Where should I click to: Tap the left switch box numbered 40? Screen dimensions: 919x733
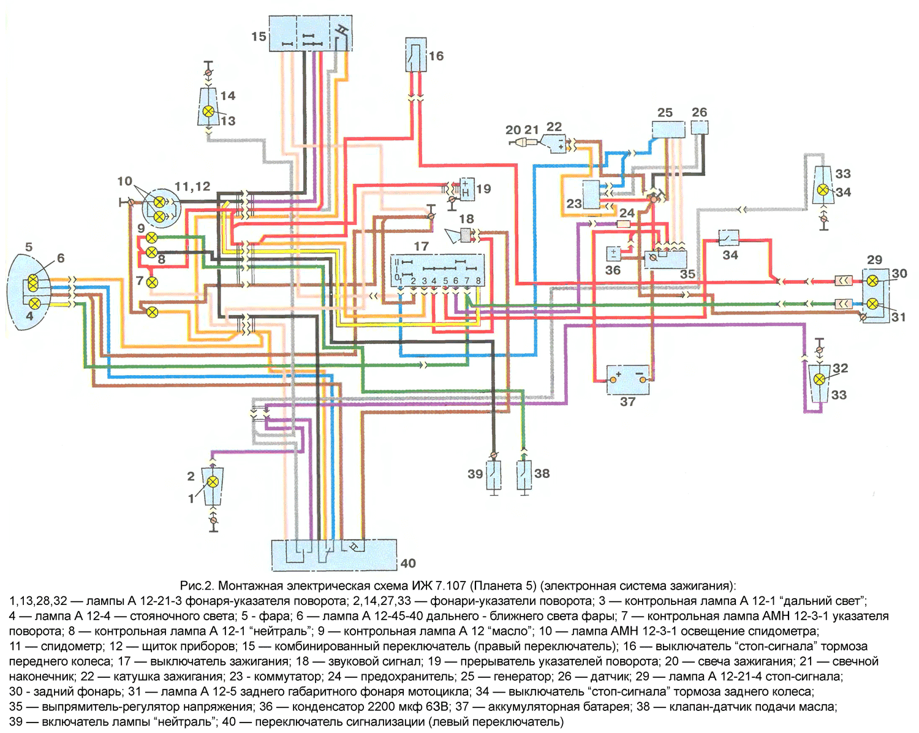(334, 555)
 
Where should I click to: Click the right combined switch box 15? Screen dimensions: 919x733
(311, 33)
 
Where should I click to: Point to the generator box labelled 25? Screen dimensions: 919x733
(668, 129)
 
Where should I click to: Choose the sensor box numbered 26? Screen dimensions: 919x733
(700, 127)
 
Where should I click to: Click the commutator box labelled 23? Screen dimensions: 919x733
(591, 195)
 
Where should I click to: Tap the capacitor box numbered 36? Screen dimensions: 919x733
(613, 254)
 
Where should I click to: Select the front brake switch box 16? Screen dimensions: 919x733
(415, 55)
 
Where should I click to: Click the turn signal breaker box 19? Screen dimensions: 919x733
(466, 189)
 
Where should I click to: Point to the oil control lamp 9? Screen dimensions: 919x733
(151, 238)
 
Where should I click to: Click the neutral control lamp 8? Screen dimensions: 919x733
(151, 253)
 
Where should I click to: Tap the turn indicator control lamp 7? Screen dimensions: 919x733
(152, 283)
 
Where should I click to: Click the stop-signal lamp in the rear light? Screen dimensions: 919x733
(872, 281)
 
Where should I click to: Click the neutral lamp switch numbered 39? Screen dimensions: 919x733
(494, 474)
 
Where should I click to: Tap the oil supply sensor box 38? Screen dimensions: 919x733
(524, 474)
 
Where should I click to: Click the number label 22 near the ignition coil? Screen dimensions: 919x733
(554, 127)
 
